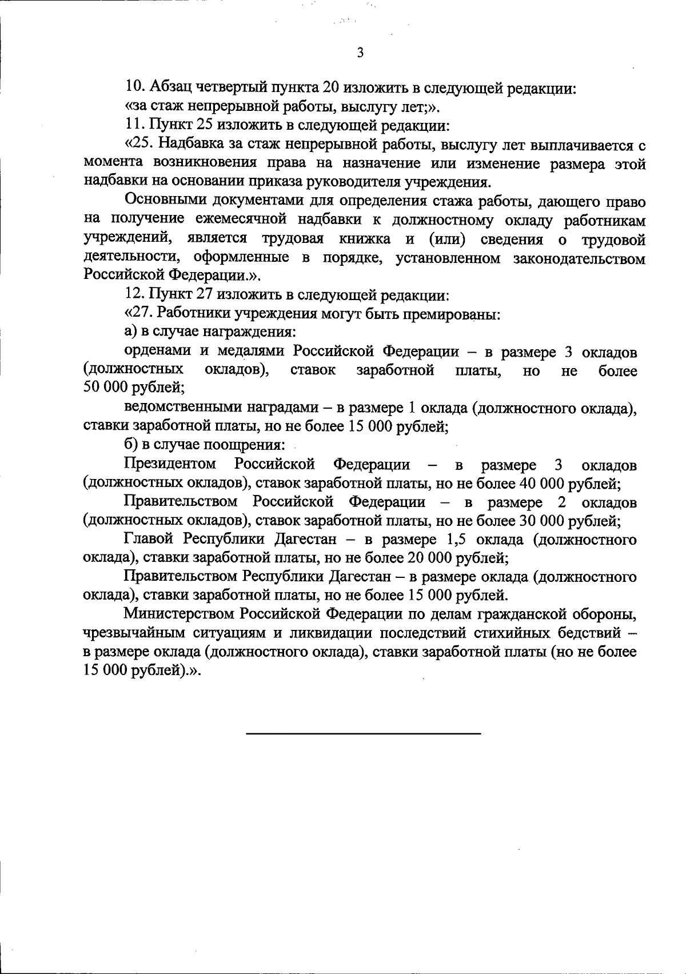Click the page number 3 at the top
(x=360, y=53)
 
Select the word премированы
(x=458, y=314)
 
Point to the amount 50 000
(x=106, y=389)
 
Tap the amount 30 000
(x=542, y=521)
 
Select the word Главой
(x=150, y=540)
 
